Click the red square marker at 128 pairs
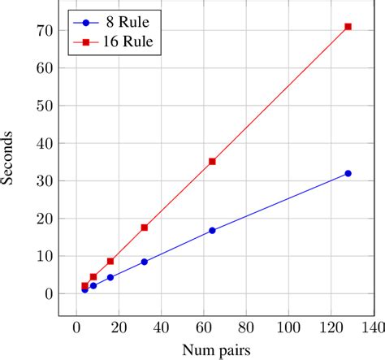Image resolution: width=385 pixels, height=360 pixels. (348, 27)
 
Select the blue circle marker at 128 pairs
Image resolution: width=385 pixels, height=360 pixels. (348, 173)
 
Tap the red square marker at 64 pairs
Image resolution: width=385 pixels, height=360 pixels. (212, 161)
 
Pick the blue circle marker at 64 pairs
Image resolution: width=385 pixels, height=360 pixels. (212, 230)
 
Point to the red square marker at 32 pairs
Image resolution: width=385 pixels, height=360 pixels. (145, 228)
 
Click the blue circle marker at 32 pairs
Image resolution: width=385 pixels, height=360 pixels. (145, 262)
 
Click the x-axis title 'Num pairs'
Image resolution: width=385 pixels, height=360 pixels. (217, 349)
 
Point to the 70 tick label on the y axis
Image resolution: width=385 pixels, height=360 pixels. (45, 30)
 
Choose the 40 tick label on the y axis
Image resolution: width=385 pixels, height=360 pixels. (45, 143)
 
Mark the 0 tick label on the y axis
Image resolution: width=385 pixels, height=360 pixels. (48, 293)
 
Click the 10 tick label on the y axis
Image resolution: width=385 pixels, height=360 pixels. (45, 256)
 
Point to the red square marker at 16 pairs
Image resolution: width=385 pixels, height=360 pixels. (110, 261)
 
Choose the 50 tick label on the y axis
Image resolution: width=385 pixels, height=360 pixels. (45, 106)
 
